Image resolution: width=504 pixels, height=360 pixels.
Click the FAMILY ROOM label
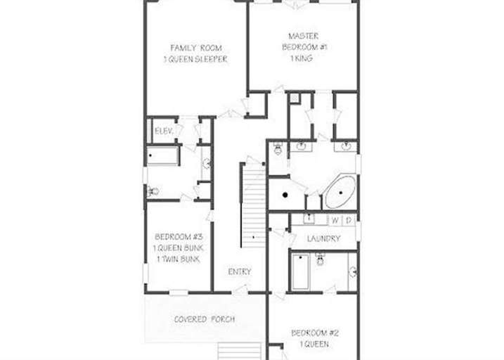[x=196, y=49]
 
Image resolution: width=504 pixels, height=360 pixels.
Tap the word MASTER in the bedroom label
[x=304, y=36]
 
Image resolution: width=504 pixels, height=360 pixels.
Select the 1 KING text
[x=302, y=58]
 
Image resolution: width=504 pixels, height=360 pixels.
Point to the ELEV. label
[x=164, y=131]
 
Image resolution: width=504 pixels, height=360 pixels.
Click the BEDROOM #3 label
[x=179, y=237]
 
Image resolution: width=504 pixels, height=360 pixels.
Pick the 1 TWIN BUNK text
[x=179, y=259]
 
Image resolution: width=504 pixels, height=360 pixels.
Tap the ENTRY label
[x=240, y=271]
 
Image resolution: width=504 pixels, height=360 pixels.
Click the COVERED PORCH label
[x=205, y=319]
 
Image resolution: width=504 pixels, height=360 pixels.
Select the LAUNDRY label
[x=323, y=238]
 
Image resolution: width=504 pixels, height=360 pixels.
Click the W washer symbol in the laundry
[x=335, y=221]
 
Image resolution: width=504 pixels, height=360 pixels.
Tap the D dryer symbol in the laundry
[x=349, y=221]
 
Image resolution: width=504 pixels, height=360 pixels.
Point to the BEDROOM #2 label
[x=315, y=333]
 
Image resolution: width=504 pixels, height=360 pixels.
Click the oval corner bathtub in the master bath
[x=340, y=193]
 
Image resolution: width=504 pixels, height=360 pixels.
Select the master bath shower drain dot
[x=285, y=195]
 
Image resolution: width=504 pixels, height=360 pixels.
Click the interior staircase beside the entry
[x=254, y=206]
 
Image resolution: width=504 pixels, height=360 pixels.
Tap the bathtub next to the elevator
[x=163, y=156]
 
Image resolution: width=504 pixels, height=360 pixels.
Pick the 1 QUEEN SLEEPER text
[x=195, y=60]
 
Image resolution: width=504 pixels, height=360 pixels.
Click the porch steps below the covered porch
[x=240, y=351]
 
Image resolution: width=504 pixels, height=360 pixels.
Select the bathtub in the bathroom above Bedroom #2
[x=301, y=271]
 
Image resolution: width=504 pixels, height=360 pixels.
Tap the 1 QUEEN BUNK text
[x=179, y=248]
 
